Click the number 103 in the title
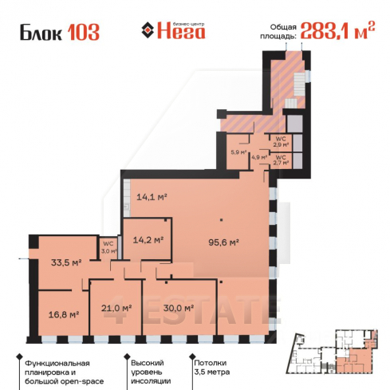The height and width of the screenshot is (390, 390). tap(83, 33)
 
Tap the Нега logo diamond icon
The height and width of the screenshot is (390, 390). tap(147, 32)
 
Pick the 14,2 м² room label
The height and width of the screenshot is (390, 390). tap(149, 238)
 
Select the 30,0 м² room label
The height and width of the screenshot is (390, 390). tap(178, 308)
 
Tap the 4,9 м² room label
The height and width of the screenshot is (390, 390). tap(258, 157)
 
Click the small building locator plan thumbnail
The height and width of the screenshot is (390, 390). tap(333, 348)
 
